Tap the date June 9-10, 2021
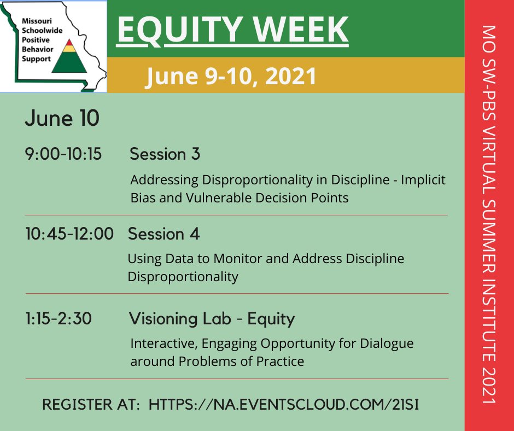[x=231, y=76]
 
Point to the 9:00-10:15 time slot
[x=63, y=155]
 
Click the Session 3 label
[x=165, y=155]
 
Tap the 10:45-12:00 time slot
[x=69, y=234]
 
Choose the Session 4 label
[x=163, y=234]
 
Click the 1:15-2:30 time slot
[x=58, y=319]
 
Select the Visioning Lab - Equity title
[x=212, y=319]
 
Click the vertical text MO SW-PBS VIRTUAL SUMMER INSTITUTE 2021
[x=489, y=215]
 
